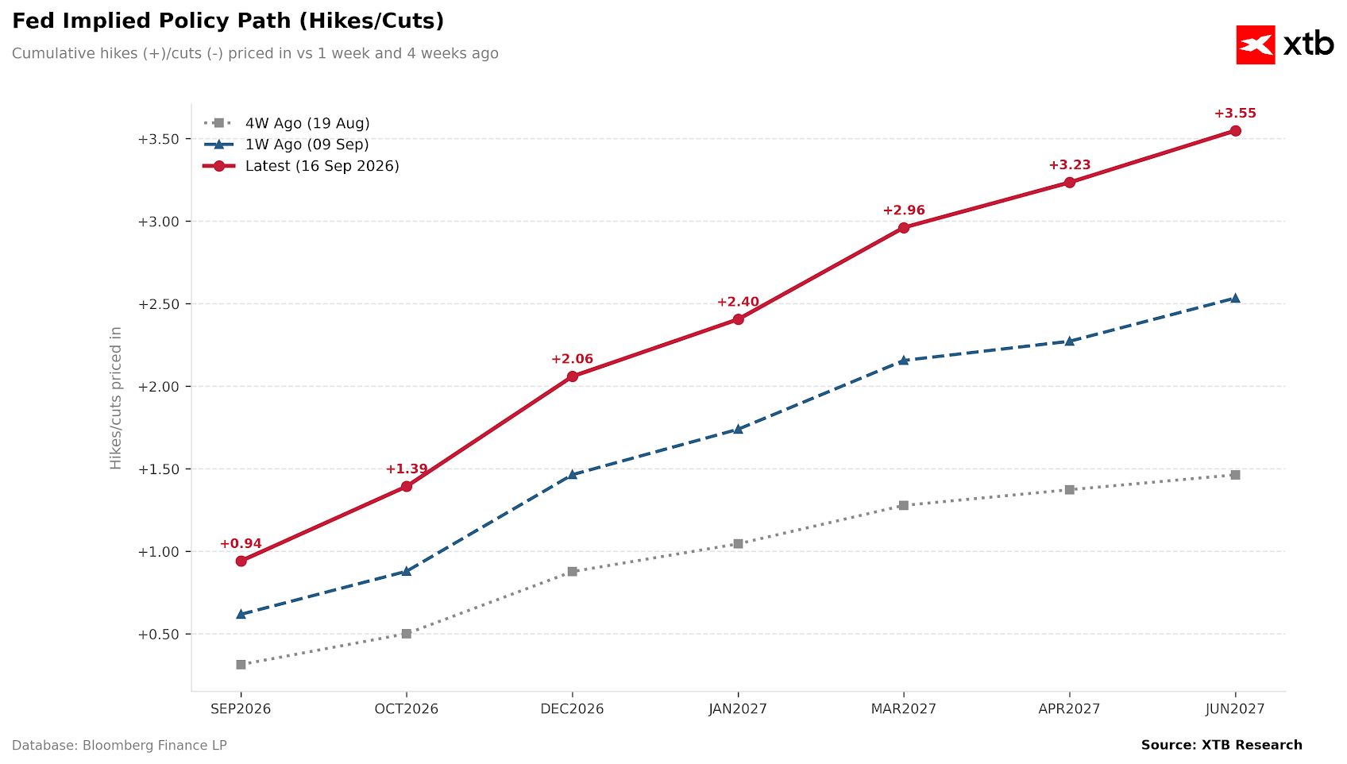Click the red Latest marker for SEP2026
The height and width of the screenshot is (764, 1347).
(x=241, y=561)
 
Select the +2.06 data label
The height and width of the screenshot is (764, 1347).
(x=572, y=360)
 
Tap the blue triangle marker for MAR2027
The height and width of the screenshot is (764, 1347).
(x=903, y=360)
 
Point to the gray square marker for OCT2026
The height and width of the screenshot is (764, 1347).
(x=407, y=634)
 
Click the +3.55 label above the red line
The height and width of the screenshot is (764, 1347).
(x=1235, y=114)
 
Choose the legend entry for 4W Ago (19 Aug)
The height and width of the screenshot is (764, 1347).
(x=286, y=123)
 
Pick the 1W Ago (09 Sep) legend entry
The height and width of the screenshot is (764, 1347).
(x=286, y=145)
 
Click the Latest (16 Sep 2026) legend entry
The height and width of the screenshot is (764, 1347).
(x=301, y=166)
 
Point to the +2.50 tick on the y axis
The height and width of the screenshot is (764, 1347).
(x=159, y=304)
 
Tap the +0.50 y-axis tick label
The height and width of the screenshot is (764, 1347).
(x=159, y=635)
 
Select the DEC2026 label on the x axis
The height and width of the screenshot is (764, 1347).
(x=572, y=708)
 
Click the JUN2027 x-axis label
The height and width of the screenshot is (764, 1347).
(x=1235, y=708)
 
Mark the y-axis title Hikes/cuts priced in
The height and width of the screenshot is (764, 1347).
(x=115, y=398)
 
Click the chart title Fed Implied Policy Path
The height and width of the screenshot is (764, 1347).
(x=228, y=21)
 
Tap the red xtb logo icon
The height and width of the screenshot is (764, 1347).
(x=1256, y=44)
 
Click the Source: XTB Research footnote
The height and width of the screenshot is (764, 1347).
(x=1222, y=745)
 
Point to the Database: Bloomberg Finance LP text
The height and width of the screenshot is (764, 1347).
(x=119, y=746)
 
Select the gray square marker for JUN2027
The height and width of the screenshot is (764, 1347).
(x=1235, y=475)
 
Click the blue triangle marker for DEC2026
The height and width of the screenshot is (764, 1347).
(x=572, y=474)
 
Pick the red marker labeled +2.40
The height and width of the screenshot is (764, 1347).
(x=738, y=319)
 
